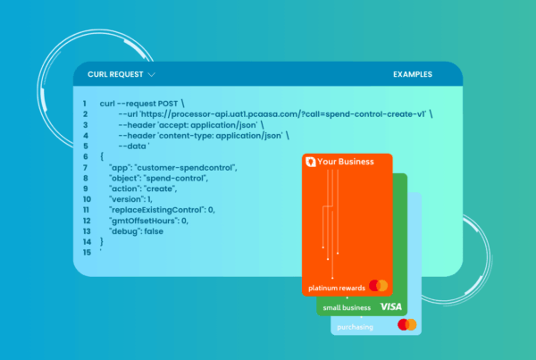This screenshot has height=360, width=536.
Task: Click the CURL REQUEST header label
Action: click(x=115, y=74)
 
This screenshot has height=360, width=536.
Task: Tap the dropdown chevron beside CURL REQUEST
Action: click(x=152, y=75)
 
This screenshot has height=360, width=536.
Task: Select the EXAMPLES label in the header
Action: click(x=413, y=74)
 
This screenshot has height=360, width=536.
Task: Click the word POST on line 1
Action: click(x=168, y=104)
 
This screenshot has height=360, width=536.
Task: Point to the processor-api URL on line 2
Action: click(x=283, y=114)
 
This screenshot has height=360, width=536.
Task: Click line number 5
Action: click(x=86, y=147)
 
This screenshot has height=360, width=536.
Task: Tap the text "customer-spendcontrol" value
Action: click(x=185, y=168)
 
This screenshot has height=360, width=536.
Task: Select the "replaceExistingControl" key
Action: click(x=156, y=210)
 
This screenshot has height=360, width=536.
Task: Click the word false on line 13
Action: click(x=154, y=231)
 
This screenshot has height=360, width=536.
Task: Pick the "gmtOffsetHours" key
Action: click(x=144, y=221)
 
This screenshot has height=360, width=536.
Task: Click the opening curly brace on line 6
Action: click(x=102, y=157)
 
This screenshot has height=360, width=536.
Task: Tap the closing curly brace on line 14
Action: click(x=102, y=242)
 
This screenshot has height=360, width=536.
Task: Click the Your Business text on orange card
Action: click(x=346, y=162)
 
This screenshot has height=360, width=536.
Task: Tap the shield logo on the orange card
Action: click(x=310, y=162)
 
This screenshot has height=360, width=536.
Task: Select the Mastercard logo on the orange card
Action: click(x=379, y=286)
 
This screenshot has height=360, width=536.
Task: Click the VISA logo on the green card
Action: click(x=391, y=306)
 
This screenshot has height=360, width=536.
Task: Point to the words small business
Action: click(x=347, y=307)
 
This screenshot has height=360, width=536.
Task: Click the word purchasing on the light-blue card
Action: click(x=355, y=327)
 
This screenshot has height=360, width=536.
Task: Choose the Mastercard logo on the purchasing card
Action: click(x=407, y=324)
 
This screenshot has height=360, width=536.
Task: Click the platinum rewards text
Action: click(x=337, y=289)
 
